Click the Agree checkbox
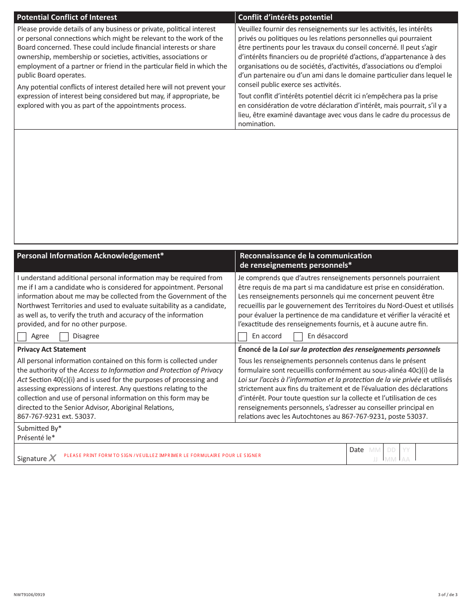[x=22, y=336]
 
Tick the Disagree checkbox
[x=64, y=336]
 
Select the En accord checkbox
[x=242, y=336]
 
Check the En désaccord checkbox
[x=298, y=336]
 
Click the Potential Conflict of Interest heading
[x=67, y=17]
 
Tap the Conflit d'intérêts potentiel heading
[x=285, y=17]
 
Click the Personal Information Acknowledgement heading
[x=90, y=256]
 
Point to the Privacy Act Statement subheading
[x=52, y=349]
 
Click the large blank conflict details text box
[x=236, y=186]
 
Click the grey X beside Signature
[x=52, y=458]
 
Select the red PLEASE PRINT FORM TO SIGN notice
[x=162, y=456]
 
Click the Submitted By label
[x=39, y=428]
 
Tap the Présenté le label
[x=36, y=438]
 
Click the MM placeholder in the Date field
[x=375, y=450]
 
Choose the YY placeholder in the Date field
[x=406, y=450]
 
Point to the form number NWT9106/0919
[x=31, y=595]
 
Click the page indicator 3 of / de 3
[x=448, y=595]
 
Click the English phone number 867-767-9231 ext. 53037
[x=57, y=417]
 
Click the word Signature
[x=32, y=458]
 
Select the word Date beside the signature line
[x=356, y=450]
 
